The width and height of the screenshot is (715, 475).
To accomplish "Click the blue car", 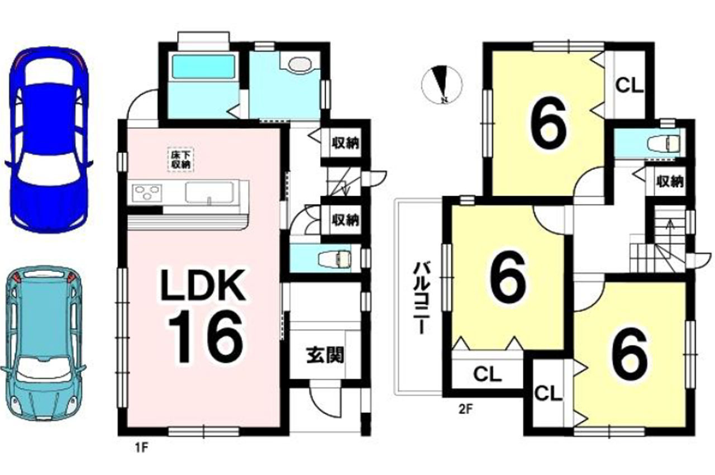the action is tap(49, 140).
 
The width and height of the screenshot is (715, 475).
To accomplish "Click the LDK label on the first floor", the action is tap(203, 286).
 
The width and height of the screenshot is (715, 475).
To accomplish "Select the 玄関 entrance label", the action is tap(326, 354).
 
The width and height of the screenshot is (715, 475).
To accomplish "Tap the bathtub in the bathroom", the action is tap(204, 66).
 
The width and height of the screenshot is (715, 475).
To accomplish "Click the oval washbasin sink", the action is tap(299, 64).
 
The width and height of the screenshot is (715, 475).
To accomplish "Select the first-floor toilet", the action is tap(337, 258).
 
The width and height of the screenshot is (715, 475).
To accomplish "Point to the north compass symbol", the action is tap(442, 84).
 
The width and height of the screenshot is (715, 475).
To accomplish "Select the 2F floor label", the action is tap(465, 410).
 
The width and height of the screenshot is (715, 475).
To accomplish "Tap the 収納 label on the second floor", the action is tap(670, 182).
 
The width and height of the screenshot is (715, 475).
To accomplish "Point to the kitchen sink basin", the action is tap(209, 192).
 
